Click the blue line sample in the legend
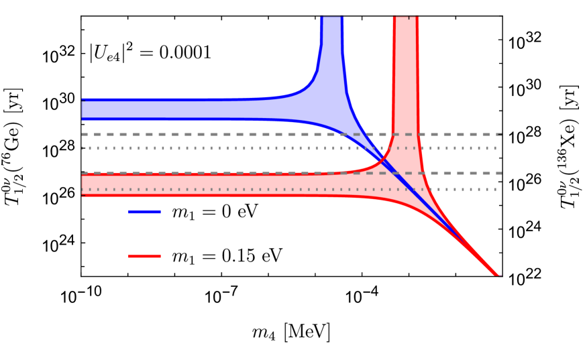pos(144,212)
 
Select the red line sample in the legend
pos(144,256)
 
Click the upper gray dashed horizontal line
pos(201,134)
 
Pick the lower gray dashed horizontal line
pos(201,173)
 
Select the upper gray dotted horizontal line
pos(201,148)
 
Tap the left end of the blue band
pos(83,109)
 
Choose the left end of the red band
pos(83,184)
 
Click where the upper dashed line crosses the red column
pos(405,134)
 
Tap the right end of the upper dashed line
pos(500,134)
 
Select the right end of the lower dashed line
pos(500,173)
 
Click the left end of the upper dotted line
pos(83,148)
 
